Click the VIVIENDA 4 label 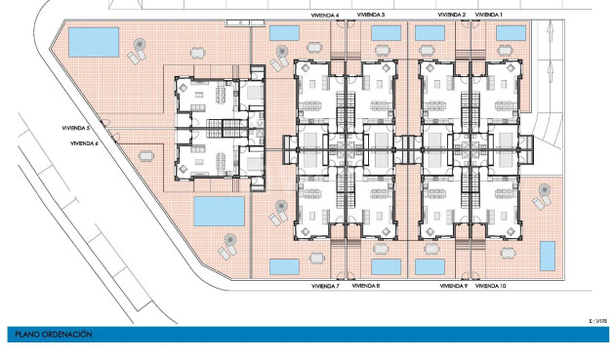tap(325, 16)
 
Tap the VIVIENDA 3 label tap(371, 15)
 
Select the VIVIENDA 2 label tap(452, 15)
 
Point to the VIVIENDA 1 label tap(489, 15)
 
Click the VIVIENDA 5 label tap(76, 128)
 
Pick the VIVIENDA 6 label tap(84, 143)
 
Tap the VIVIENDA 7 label tap(325, 286)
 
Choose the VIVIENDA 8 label tap(365, 286)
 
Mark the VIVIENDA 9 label tap(453, 286)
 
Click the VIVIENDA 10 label tap(490, 286)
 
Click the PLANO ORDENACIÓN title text tap(54, 335)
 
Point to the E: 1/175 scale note tap(598, 321)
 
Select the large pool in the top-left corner tap(94, 42)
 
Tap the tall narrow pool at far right tap(548, 256)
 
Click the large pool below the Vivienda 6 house tap(220, 212)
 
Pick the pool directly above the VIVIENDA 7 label tap(284, 266)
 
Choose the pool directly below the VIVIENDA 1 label tap(511, 33)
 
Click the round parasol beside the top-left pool tap(140, 44)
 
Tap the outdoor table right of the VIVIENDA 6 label tap(146, 156)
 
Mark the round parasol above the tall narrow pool tap(545, 190)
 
